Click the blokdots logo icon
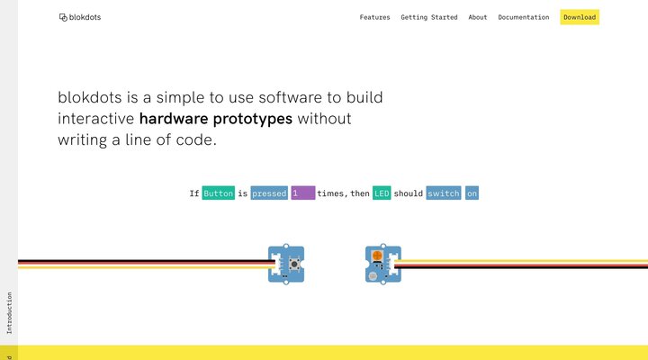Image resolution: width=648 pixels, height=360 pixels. (63, 17)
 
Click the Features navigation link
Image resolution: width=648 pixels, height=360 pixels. (374, 17)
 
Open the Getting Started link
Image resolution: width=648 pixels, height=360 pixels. (429, 17)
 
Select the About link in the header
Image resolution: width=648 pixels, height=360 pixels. (478, 17)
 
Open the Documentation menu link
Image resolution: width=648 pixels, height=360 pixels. (523, 17)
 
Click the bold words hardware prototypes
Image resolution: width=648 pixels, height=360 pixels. (216, 118)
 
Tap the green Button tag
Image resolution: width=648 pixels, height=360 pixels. (218, 193)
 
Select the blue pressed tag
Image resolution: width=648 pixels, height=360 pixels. (269, 193)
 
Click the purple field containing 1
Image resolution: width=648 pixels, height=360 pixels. (302, 193)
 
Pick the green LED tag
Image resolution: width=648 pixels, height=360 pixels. (382, 193)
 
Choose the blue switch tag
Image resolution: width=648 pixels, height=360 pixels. (443, 193)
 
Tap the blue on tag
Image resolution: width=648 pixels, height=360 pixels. (472, 193)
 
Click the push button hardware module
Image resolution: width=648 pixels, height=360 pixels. (287, 264)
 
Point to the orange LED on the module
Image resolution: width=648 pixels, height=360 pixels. (377, 256)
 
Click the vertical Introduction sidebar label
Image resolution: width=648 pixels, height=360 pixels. (9, 313)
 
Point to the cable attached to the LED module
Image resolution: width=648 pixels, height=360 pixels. (522, 264)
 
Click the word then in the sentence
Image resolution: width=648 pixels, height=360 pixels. (360, 193)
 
